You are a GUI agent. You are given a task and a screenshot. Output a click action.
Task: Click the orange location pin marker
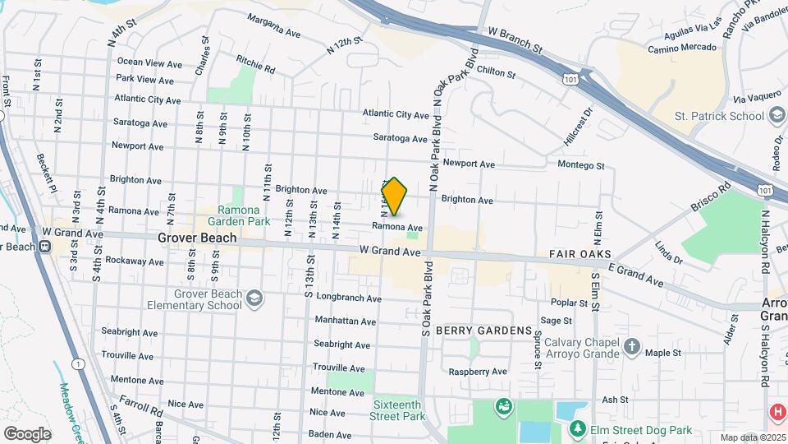395,197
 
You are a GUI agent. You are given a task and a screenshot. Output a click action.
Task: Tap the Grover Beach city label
197,238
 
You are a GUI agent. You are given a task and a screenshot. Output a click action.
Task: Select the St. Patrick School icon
775,116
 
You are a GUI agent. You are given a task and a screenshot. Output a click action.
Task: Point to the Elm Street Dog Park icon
578,430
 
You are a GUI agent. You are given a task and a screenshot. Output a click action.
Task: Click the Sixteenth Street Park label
399,410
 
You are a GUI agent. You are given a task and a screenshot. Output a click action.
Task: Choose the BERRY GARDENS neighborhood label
483,331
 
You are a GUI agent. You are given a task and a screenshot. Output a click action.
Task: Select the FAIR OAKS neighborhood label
580,254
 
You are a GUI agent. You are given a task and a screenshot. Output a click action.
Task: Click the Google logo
26,433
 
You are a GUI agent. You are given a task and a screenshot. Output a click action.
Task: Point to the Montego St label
580,165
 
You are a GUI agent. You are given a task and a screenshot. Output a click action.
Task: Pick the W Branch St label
515,39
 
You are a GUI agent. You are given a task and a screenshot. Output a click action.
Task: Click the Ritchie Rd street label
255,64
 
